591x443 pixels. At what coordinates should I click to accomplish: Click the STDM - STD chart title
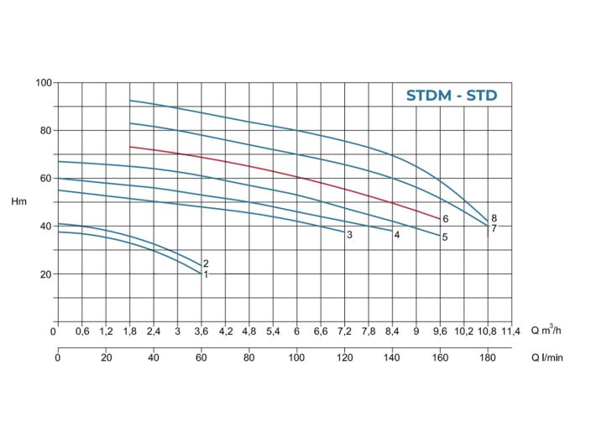pos(452,96)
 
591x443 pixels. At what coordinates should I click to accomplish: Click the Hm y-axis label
pos(19,202)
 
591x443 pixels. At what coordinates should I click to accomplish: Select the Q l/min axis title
pos(547,357)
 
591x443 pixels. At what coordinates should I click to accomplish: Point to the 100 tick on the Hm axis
pos(44,82)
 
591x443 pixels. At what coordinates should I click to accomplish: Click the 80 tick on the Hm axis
pos(46,130)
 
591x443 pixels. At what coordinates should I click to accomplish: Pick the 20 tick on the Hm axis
pos(46,274)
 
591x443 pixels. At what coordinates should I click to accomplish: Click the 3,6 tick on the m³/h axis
pos(201,331)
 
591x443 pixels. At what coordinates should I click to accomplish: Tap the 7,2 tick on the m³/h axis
pos(344,331)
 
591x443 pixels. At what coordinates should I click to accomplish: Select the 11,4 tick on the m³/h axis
pos(510,331)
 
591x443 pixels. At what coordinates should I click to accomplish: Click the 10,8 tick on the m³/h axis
pos(487,331)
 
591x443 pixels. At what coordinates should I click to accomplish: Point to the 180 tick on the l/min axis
pos(487,358)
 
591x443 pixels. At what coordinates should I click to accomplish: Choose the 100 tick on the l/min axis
pos(296,358)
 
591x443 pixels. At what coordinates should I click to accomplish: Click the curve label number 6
pos(446,219)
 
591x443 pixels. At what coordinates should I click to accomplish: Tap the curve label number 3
pos(349,235)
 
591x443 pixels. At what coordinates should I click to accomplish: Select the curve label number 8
pos(494,218)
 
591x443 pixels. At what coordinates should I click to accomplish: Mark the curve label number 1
pos(206,274)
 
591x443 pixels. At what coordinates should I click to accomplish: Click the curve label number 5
pos(445,237)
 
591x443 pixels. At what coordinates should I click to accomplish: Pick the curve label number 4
pos(396,235)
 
